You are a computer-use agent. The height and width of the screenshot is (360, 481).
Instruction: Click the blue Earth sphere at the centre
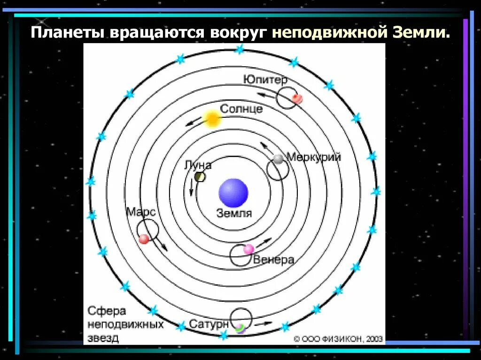pyautogui.click(x=233, y=193)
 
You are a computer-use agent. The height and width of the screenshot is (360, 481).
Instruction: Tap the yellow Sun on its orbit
pyautogui.click(x=212, y=119)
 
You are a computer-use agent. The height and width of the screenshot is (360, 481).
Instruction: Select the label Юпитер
pyautogui.click(x=265, y=80)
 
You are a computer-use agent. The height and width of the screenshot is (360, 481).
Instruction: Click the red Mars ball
pyautogui.click(x=144, y=239)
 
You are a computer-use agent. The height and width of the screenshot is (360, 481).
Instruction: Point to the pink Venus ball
pyautogui.click(x=248, y=249)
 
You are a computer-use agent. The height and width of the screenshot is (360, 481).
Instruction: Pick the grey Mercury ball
pyautogui.click(x=279, y=159)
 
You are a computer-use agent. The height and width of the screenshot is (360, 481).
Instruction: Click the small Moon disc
pyautogui.click(x=200, y=176)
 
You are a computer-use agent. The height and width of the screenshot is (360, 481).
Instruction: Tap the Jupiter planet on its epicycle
pyautogui.click(x=296, y=98)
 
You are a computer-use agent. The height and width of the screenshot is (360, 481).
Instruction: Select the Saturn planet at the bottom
pyautogui.click(x=240, y=328)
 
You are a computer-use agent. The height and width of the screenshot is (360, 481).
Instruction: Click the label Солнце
pyautogui.click(x=241, y=108)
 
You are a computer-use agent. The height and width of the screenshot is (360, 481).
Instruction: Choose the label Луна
pyautogui.click(x=198, y=165)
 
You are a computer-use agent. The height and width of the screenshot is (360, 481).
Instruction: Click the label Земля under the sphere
pyautogui.click(x=234, y=214)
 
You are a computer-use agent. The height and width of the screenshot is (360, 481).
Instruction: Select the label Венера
pyautogui.click(x=274, y=260)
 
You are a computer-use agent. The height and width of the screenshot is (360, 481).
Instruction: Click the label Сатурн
pyautogui.click(x=209, y=324)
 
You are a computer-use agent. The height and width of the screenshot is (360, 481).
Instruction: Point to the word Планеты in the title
pyautogui.click(x=68, y=33)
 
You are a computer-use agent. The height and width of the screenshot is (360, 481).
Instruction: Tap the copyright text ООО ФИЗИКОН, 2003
pyautogui.click(x=338, y=338)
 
